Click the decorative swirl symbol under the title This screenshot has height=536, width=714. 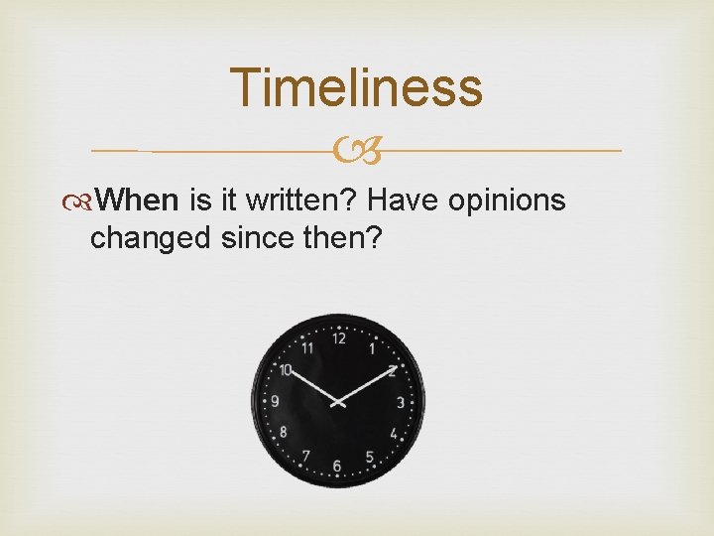coord(358,151)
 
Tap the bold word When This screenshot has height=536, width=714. coord(139,201)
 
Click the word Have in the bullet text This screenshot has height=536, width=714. coord(404,201)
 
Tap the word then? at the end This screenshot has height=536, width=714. coord(344,238)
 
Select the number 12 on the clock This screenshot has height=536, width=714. coord(339,338)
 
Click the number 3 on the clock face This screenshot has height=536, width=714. coord(401,402)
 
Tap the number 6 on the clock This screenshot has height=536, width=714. coord(337,466)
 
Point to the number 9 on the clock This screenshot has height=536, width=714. coord(275,402)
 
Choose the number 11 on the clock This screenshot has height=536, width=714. coord(307,347)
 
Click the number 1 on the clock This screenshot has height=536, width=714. coord(372,348)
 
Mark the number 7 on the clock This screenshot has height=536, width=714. coord(305,457)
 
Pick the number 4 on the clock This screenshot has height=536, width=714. coord(394,434)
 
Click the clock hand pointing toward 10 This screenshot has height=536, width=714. coord(310,385)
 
